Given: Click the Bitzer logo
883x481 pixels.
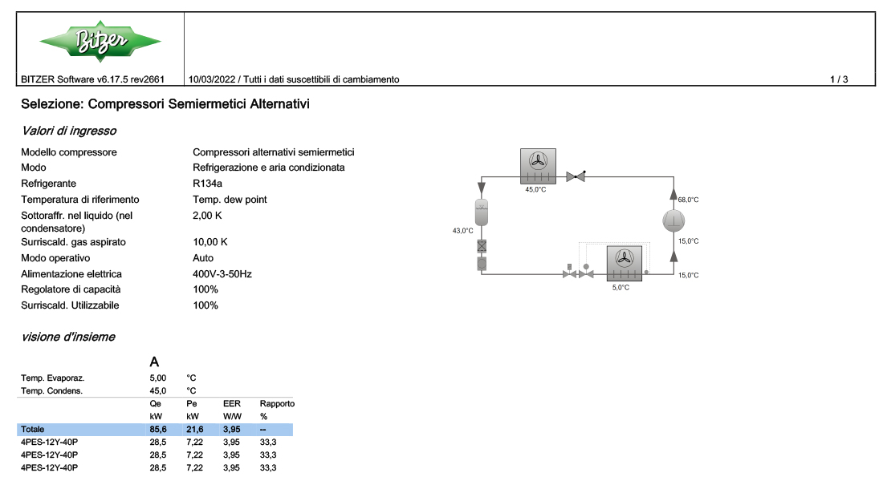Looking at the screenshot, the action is tap(100, 41).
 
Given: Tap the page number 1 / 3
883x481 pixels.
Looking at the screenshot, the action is tap(839, 79).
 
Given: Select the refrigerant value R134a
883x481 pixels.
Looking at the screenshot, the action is tap(207, 184).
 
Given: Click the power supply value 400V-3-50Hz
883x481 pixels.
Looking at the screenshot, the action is tap(222, 274).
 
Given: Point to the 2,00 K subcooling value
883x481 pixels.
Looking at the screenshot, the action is tap(207, 216).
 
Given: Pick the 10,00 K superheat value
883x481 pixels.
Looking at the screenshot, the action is tap(210, 242).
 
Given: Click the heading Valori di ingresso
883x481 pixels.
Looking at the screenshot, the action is tap(69, 131).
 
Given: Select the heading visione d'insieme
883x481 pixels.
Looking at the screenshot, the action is tap(68, 337).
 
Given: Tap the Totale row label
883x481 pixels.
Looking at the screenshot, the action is tap(33, 429).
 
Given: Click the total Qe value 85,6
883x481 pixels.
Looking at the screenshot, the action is tap(158, 429).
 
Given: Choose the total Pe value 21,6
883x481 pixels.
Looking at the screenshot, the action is tap(195, 429).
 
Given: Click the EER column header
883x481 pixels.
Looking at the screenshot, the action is tap(231, 404).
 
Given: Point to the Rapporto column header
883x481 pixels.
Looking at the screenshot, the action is tap(277, 404).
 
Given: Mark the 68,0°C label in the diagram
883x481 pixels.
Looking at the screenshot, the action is tap(688, 200).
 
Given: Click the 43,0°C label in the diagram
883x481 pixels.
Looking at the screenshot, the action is tap(463, 231).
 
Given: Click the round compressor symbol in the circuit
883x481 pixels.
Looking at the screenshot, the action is tap(673, 220).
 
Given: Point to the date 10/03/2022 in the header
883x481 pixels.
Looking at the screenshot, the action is tap(212, 79).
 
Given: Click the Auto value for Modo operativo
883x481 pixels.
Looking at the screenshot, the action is tap(203, 258).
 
